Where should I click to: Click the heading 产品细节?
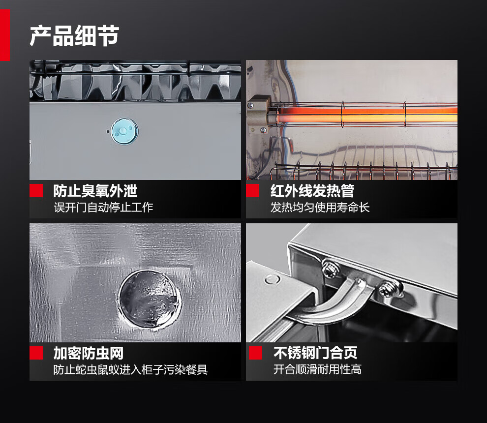point(74,36)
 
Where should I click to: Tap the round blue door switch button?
point(124,131)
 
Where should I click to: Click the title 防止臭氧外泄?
point(95,191)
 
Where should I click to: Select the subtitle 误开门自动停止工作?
point(103,207)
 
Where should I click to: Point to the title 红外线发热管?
point(312,191)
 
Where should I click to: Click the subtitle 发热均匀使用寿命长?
point(320,207)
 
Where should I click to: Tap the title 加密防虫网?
point(89,353)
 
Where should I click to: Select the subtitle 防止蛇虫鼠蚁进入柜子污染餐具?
point(130,369)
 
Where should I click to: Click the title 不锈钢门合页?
point(315,353)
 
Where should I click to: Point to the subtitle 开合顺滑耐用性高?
point(317,369)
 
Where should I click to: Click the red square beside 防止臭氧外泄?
point(36,191)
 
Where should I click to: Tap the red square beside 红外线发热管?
point(252,191)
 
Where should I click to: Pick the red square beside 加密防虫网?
point(36,353)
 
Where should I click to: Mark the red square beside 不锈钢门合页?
point(255,353)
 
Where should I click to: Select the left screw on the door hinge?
point(330,269)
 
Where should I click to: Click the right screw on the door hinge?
point(389,289)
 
